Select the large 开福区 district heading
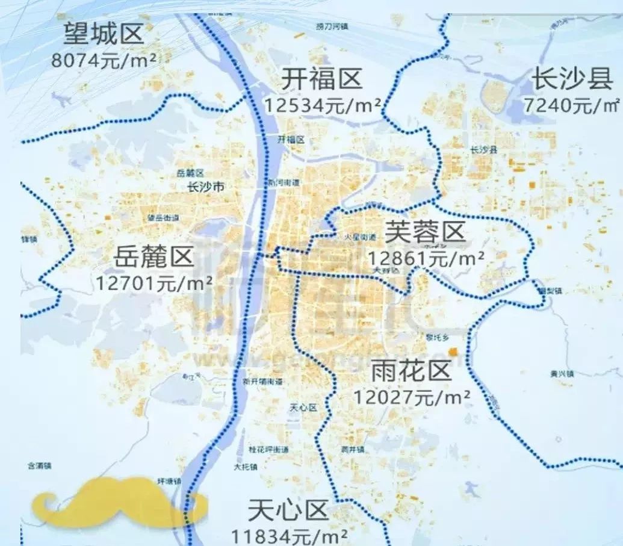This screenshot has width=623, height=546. [x=322, y=79]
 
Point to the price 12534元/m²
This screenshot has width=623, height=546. [x=322, y=105]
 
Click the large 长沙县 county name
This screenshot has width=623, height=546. [x=572, y=79]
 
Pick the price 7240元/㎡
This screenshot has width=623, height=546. [x=571, y=105]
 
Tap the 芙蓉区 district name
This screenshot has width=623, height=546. [x=426, y=232]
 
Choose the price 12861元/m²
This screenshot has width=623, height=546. [x=426, y=258]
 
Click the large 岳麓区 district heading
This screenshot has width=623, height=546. [x=154, y=258]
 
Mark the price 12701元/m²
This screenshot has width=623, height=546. [x=154, y=282]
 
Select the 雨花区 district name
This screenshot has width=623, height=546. [x=411, y=371]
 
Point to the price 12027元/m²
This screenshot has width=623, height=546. [x=411, y=397]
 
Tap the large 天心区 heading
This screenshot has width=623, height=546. [x=288, y=510]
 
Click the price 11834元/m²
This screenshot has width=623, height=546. [x=289, y=535]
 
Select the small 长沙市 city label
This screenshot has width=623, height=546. [x=206, y=187]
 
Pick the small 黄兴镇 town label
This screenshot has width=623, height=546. [x=561, y=374]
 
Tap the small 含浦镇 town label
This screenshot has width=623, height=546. [x=40, y=465]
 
